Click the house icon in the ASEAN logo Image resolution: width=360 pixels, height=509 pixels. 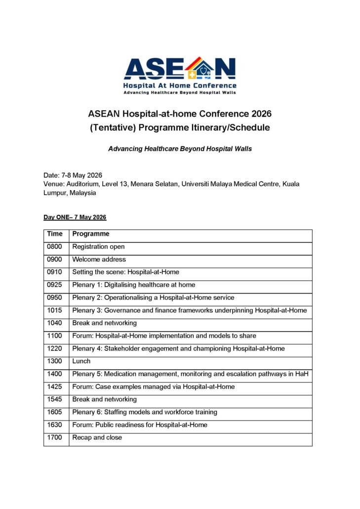[200, 69]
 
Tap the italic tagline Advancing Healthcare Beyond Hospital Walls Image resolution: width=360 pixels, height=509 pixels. [180, 149]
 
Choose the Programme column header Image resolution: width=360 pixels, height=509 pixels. [91, 234]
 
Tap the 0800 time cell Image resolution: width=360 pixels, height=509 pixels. [55, 247]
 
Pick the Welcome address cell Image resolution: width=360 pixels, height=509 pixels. [99, 259]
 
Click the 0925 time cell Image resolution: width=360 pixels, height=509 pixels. [55, 285]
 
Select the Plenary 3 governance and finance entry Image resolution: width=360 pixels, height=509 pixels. [190, 310]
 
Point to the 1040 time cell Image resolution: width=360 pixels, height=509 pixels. [55, 323]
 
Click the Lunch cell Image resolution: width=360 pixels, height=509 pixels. [81, 361]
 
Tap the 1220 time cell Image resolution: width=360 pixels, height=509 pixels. [55, 348]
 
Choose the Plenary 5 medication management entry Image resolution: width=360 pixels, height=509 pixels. [190, 374]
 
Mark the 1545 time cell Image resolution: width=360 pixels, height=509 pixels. [55, 399]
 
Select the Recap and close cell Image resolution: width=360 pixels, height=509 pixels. [97, 437]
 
